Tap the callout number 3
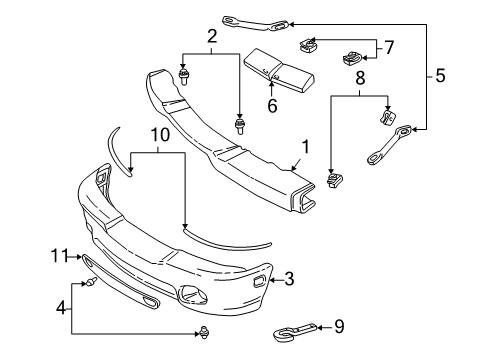[x=289, y=279]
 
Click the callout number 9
[x=338, y=325]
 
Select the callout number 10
[x=157, y=134]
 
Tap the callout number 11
[x=61, y=257]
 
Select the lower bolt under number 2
[x=240, y=126]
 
